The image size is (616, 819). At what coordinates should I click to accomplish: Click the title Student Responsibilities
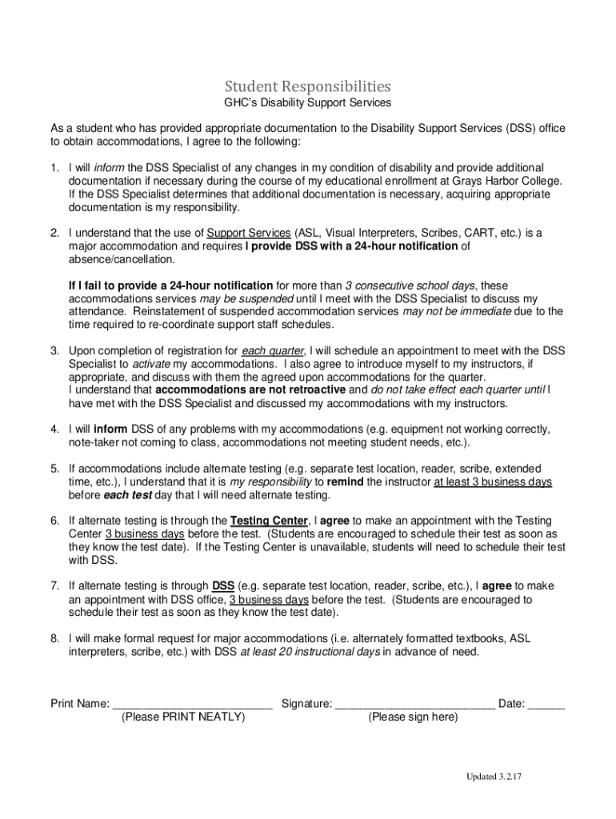307,86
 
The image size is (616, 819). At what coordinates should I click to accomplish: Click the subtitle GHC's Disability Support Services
307,102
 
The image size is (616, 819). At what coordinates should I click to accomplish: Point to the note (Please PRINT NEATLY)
183,717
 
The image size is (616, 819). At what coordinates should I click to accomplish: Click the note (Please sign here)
413,717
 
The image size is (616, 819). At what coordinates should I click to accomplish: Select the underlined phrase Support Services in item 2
248,233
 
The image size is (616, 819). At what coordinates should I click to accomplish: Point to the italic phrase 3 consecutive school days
410,286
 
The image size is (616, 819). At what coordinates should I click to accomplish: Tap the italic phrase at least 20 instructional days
310,652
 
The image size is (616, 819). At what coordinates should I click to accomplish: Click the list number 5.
55,468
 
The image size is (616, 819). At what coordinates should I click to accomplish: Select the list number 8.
55,639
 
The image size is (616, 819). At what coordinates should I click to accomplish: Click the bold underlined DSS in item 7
223,586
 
